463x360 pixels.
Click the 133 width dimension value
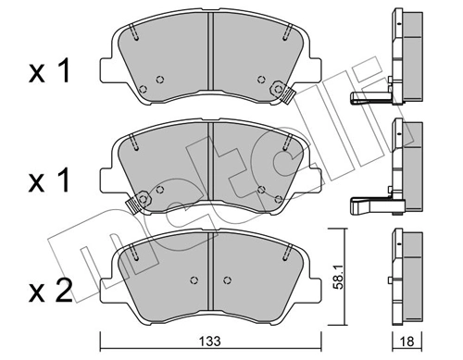pos(209,341)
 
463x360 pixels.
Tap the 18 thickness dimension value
pos(407,341)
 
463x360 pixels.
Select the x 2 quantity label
pos(50,291)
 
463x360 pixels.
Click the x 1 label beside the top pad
pos(49,71)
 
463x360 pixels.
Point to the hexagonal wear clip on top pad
pos(278,89)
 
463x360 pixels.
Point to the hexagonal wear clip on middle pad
pos(143,199)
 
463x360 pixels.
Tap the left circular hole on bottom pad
pos(194,280)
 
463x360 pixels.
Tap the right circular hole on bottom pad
pos(227,280)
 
